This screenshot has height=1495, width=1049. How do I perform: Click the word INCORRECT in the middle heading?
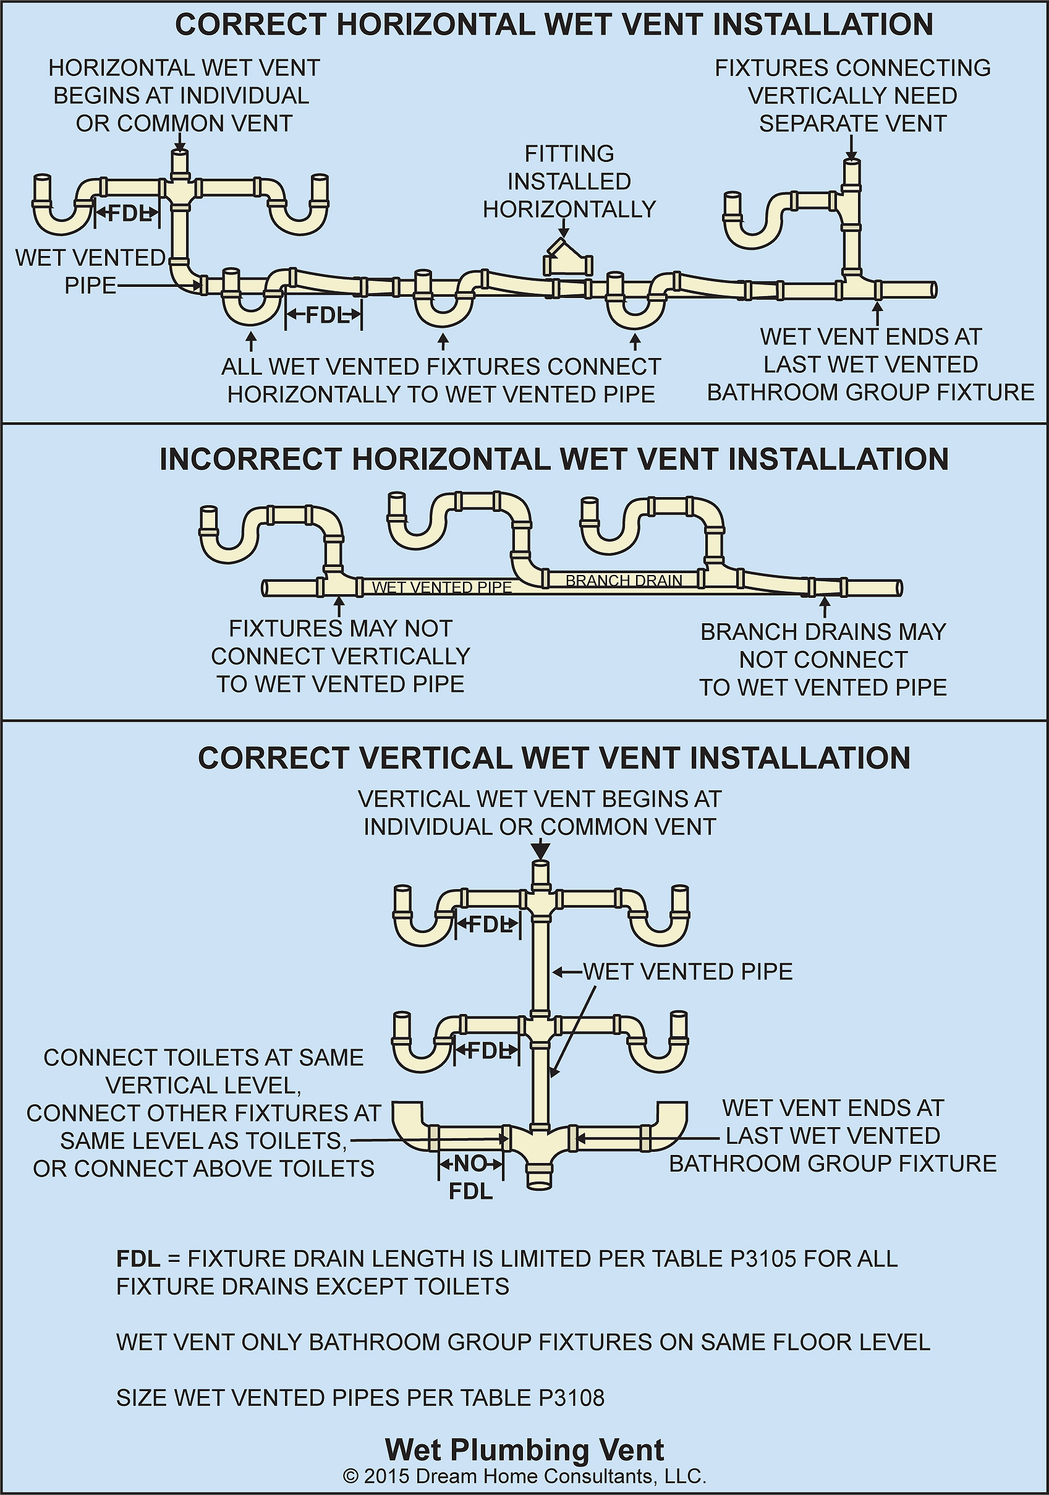click(x=251, y=460)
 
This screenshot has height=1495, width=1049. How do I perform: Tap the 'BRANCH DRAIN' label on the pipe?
click(x=624, y=580)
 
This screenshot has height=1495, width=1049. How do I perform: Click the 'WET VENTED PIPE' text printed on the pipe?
click(x=442, y=587)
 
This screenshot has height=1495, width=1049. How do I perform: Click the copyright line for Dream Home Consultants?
click(x=525, y=1476)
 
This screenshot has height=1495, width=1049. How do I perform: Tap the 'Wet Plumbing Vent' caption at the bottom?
click(x=525, y=1450)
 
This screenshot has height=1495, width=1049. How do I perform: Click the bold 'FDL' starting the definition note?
click(x=138, y=1259)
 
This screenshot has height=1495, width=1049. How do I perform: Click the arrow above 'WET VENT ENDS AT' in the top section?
click(x=877, y=313)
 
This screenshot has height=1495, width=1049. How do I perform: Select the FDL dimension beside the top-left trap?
click(x=127, y=213)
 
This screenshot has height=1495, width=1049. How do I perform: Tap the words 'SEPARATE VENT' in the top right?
click(x=852, y=124)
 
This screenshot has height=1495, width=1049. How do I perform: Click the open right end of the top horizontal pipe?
click(x=934, y=290)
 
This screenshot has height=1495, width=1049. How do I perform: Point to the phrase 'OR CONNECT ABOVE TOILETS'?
click(x=204, y=1169)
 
